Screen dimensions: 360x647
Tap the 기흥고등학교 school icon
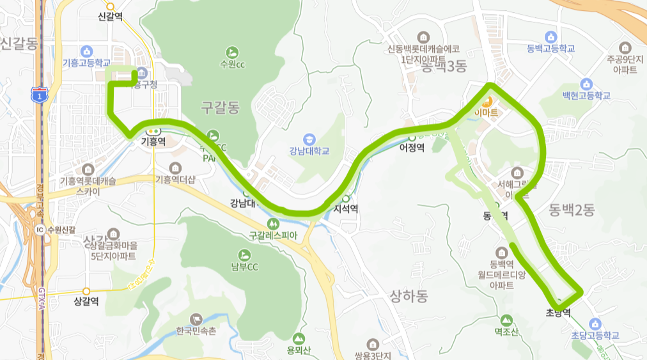coord(88,51)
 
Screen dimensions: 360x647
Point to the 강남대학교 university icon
coord(309,138)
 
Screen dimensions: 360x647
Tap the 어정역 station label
coord(412,146)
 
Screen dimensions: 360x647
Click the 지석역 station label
coord(345,208)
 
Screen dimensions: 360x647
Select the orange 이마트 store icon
coord(487,101)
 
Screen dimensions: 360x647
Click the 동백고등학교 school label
coord(551,49)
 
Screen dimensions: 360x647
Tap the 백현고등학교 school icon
coord(586,84)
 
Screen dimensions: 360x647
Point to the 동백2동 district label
coord(572,209)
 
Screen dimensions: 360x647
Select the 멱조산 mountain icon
coord(506,319)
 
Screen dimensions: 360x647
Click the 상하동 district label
coord(409,295)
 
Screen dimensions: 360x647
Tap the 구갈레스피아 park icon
coord(274,223)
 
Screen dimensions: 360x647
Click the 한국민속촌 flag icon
coord(196,318)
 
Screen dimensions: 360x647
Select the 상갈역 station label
coord(86,301)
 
